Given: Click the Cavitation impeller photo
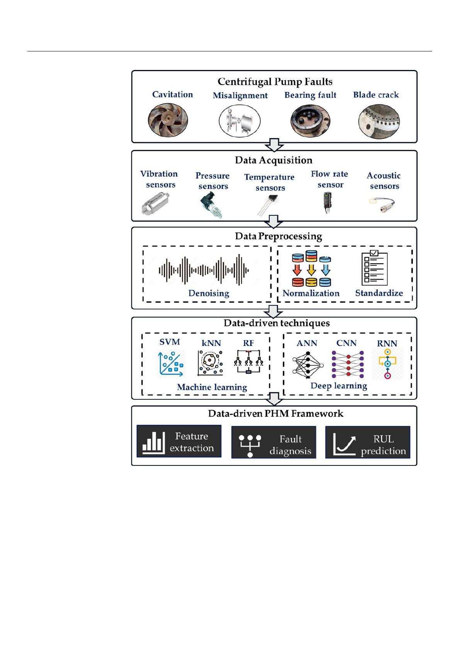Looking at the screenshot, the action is click(x=168, y=120).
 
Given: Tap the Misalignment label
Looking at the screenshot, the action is click(x=240, y=95).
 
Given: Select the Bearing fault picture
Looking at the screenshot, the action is click(x=310, y=121).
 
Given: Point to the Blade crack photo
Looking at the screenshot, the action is click(x=379, y=121).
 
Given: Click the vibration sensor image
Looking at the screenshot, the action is click(x=156, y=203).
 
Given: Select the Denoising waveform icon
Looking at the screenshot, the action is click(x=204, y=270).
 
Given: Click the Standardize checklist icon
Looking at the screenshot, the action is click(x=374, y=268).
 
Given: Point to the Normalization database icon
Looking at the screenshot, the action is click(x=311, y=268).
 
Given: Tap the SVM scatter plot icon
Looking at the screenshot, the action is click(x=171, y=363).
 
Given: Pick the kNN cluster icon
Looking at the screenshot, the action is click(x=210, y=363).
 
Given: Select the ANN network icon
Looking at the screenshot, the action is click(x=308, y=365).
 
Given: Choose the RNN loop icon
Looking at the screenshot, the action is click(x=387, y=364).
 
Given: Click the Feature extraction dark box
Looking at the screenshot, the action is click(x=179, y=441).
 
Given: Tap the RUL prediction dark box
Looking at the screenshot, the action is click(x=368, y=442).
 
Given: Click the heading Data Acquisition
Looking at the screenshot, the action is click(x=273, y=160).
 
